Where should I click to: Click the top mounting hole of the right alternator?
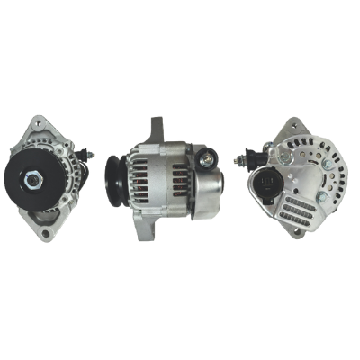(291, 125)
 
